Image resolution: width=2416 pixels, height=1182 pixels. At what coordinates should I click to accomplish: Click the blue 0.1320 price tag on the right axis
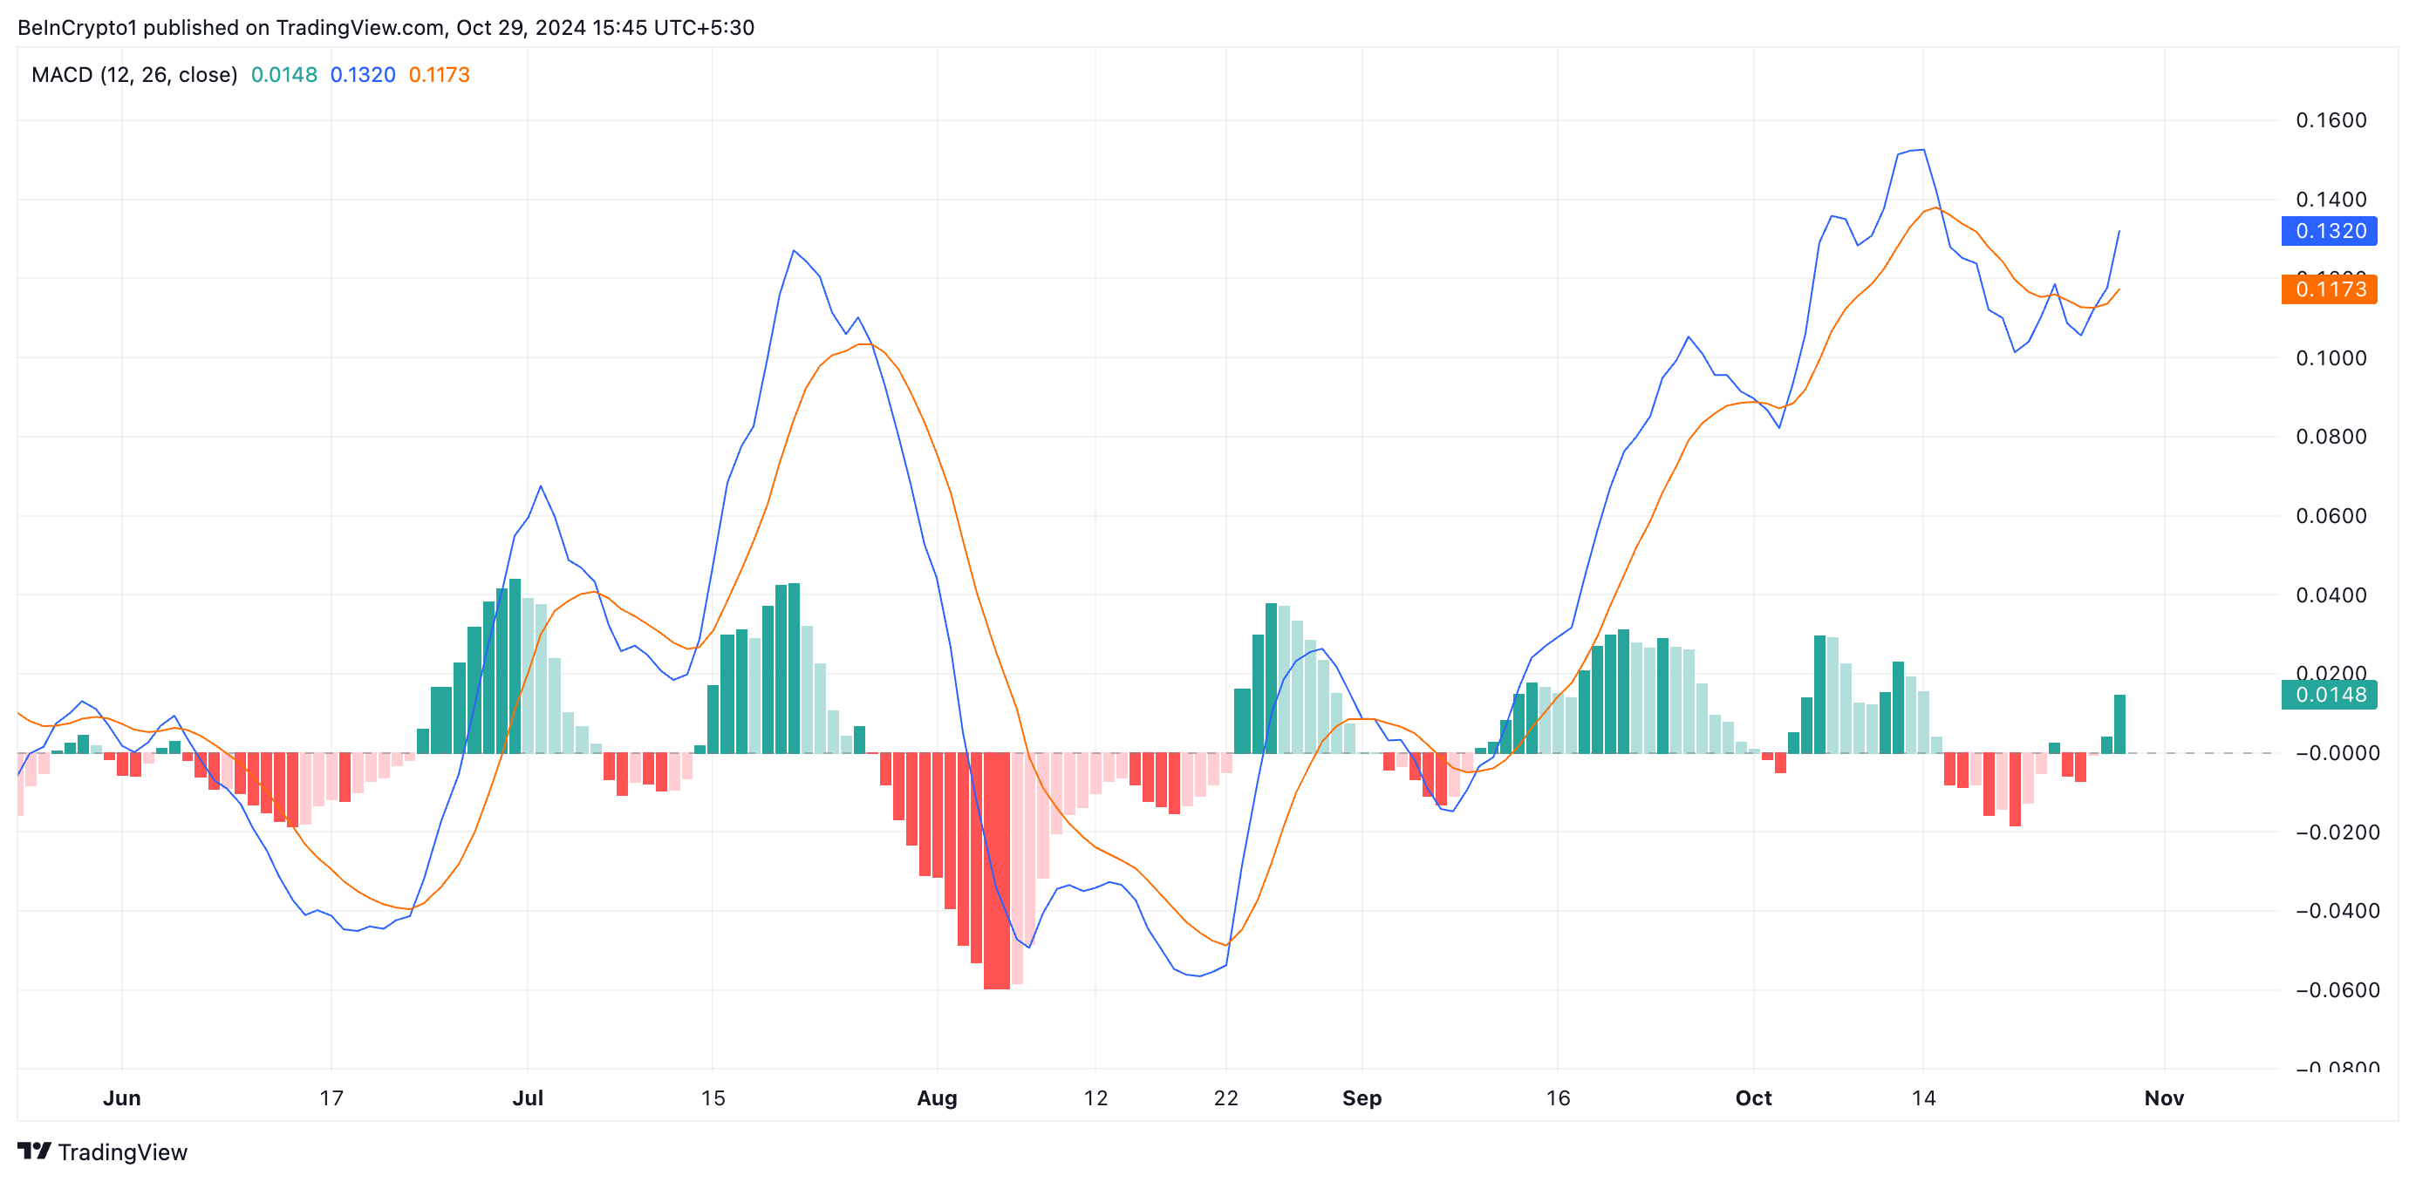2329,231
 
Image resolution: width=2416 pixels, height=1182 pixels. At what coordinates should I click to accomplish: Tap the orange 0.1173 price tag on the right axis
2329,289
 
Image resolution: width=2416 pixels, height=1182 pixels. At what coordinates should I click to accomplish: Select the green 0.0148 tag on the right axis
2329,695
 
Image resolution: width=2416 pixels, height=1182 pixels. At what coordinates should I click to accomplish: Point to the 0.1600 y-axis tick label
2331,120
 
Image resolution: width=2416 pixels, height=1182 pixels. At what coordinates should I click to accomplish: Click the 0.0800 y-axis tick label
2331,437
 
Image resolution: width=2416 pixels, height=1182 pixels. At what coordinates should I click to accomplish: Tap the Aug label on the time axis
937,1097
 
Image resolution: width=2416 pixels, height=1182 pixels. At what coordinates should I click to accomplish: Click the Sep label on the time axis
1362,1097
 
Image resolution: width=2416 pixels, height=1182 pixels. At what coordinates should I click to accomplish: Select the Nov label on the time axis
2164,1097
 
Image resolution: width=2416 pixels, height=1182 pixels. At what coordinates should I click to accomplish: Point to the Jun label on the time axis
122,1097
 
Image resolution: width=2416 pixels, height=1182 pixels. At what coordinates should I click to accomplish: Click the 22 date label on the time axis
1225,1097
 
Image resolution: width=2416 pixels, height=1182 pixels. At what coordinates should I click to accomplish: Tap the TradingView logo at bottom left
102,1152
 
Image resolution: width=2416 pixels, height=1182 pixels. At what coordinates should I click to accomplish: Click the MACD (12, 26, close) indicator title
134,75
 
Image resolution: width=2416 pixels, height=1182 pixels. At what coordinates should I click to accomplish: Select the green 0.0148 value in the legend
284,75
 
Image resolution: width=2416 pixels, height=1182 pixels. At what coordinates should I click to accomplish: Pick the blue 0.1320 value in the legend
363,75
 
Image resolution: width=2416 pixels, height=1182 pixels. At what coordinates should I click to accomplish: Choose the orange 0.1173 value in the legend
439,75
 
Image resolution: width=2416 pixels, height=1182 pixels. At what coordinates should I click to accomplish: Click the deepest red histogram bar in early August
996,872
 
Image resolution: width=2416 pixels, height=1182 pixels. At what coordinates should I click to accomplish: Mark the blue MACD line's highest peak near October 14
1922,150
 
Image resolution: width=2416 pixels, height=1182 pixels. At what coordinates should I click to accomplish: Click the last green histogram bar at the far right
2119,723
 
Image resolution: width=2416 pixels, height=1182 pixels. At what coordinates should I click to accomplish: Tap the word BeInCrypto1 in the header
77,27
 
